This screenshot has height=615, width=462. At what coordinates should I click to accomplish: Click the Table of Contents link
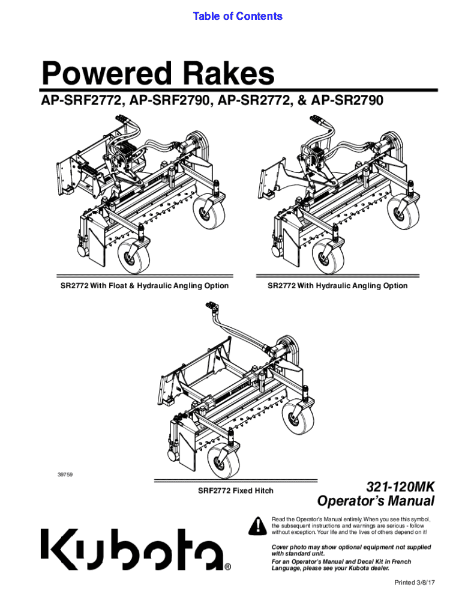pyautogui.click(x=238, y=16)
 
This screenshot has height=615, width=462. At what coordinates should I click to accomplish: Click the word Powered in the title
pyautogui.click(x=107, y=73)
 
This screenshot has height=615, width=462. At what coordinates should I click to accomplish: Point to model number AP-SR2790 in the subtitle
pyautogui.click(x=347, y=101)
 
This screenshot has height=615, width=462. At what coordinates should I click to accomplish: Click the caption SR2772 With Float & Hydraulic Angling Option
pyautogui.click(x=145, y=286)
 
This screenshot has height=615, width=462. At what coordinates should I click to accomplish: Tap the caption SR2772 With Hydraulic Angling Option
pyautogui.click(x=337, y=286)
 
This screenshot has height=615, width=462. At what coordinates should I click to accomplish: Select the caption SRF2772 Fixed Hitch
pyautogui.click(x=236, y=491)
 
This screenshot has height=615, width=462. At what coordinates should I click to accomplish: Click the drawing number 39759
pyautogui.click(x=65, y=475)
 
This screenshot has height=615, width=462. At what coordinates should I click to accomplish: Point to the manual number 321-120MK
pyautogui.click(x=400, y=487)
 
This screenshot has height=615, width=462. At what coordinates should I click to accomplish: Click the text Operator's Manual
pyautogui.click(x=376, y=501)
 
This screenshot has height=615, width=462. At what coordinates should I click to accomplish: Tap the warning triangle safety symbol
pyautogui.click(x=257, y=526)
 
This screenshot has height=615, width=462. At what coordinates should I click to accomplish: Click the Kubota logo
pyautogui.click(x=133, y=550)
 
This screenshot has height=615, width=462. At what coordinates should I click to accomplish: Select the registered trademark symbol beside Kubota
pyautogui.click(x=227, y=567)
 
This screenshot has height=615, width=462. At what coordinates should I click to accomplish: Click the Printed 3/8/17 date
pyautogui.click(x=415, y=583)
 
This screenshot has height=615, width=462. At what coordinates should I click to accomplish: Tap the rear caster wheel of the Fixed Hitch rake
pyautogui.click(x=299, y=417)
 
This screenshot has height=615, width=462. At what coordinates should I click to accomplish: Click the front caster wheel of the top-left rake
pyautogui.click(x=134, y=254)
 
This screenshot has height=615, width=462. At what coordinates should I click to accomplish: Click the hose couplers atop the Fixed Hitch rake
pyautogui.click(x=212, y=307)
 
